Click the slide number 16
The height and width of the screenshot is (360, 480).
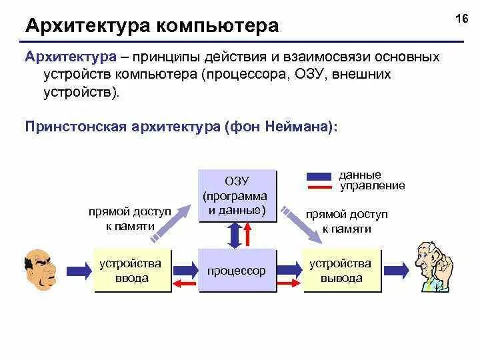pos(461,19)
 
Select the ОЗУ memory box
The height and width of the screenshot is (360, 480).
pos(237,195)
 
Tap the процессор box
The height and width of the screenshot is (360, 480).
pos(237,271)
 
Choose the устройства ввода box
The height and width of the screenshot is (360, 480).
pos(132,271)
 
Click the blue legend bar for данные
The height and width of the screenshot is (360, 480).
pos(319,177)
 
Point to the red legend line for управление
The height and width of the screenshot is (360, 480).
pos(319,186)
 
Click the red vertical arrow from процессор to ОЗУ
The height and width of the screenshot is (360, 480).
pos(247,234)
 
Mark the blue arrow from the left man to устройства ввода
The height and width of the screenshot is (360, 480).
pos(79,269)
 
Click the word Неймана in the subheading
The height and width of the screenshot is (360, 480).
pos(297,127)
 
